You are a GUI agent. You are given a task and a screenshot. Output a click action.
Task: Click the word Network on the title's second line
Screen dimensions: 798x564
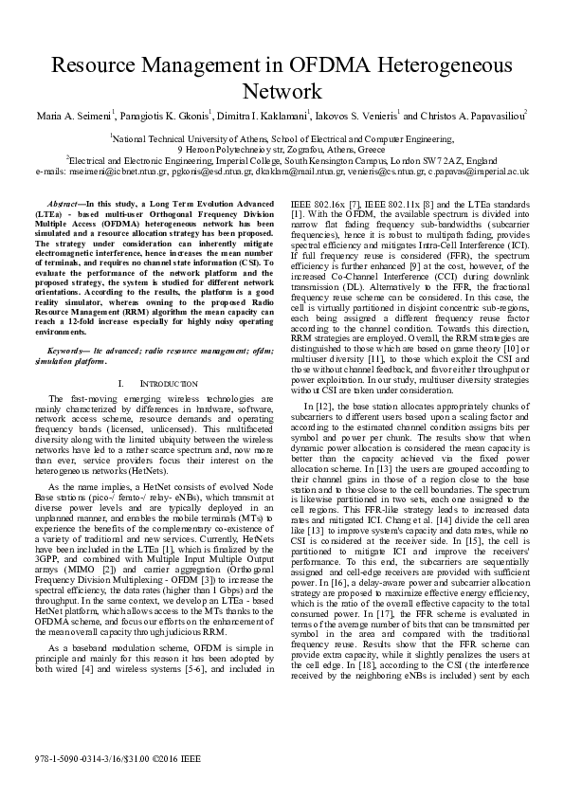click(x=282, y=92)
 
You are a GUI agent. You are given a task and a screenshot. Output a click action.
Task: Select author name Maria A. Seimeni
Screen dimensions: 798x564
click(x=75, y=118)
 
